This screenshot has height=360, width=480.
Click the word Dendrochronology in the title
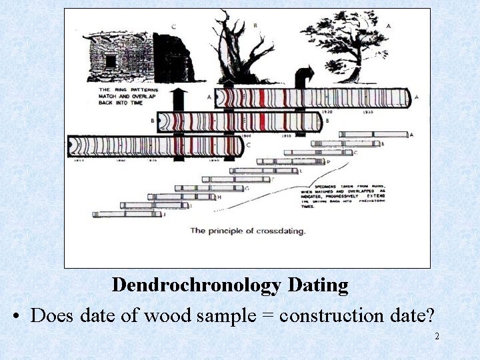click(x=197, y=285)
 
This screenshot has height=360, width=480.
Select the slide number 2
click(x=437, y=336)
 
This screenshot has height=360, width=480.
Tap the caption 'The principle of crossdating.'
click(x=247, y=231)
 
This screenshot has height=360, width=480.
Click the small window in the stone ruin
click(x=111, y=61)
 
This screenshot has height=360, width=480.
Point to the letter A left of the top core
click(x=209, y=97)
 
